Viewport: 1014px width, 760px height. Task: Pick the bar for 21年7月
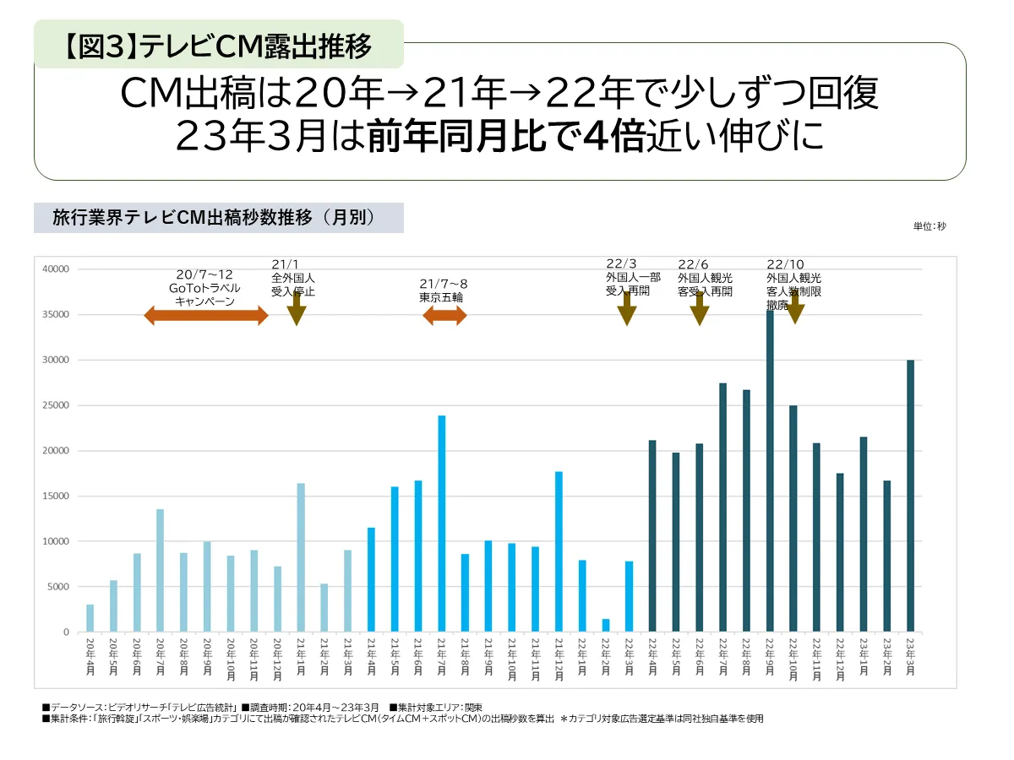tap(441, 524)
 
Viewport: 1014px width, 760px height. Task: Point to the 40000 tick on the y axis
tap(55, 269)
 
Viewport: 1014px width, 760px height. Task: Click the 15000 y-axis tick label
tap(55, 496)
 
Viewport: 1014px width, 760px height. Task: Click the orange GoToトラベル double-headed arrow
tap(206, 316)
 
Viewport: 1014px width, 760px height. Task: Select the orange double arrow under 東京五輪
tap(444, 316)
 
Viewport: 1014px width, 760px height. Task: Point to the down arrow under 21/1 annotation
tap(296, 309)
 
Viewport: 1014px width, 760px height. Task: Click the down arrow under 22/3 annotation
tap(626, 309)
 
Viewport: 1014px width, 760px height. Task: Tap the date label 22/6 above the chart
tap(693, 264)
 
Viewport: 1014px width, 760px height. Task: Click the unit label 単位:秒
tap(929, 226)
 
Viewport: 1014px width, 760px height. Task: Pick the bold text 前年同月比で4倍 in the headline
tap(506, 138)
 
